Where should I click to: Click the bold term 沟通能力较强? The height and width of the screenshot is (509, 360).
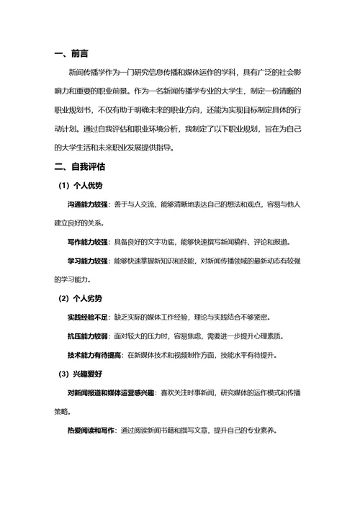89,204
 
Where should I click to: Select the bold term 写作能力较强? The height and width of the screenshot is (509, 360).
89,242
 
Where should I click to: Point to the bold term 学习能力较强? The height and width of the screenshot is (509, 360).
89,261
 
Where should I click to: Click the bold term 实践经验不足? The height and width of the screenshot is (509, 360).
89,317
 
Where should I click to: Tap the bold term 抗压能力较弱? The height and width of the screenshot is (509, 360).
89,335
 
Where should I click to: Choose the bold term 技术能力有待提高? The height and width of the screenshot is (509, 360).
94,355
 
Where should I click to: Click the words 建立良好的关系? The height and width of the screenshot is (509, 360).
80,223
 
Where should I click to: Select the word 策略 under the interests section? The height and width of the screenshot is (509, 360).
62,411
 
